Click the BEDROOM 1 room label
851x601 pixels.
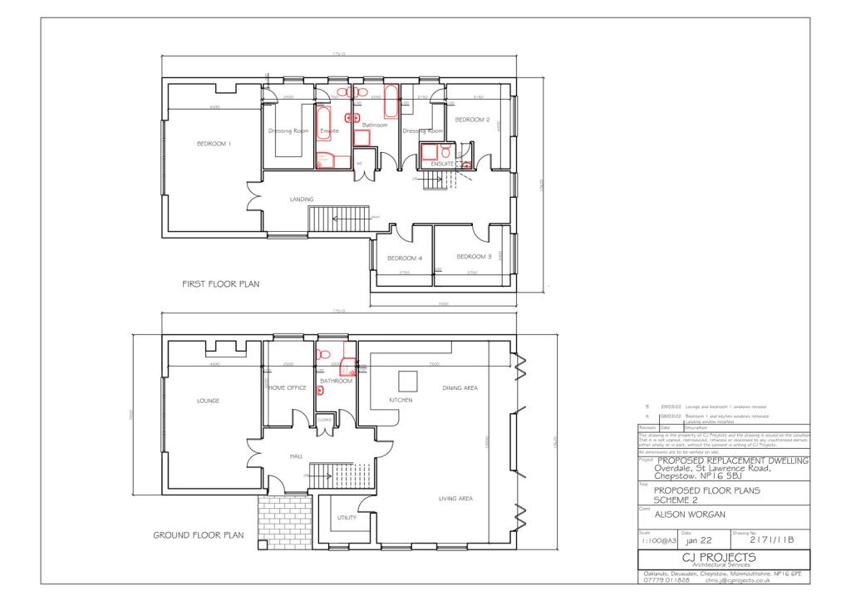click(x=214, y=144)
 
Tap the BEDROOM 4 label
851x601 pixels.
click(x=405, y=258)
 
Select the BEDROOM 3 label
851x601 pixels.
click(x=474, y=256)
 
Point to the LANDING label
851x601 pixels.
click(x=301, y=200)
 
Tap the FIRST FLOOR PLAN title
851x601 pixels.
click(x=220, y=284)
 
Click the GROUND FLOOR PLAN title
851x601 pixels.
click(x=198, y=535)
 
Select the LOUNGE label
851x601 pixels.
click(x=208, y=401)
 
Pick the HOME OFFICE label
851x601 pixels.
click(x=288, y=388)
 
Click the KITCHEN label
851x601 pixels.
click(x=401, y=400)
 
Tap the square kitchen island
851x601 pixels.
click(x=408, y=381)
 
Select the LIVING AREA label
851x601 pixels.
click(x=455, y=499)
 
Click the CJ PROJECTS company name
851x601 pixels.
click(x=717, y=556)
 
